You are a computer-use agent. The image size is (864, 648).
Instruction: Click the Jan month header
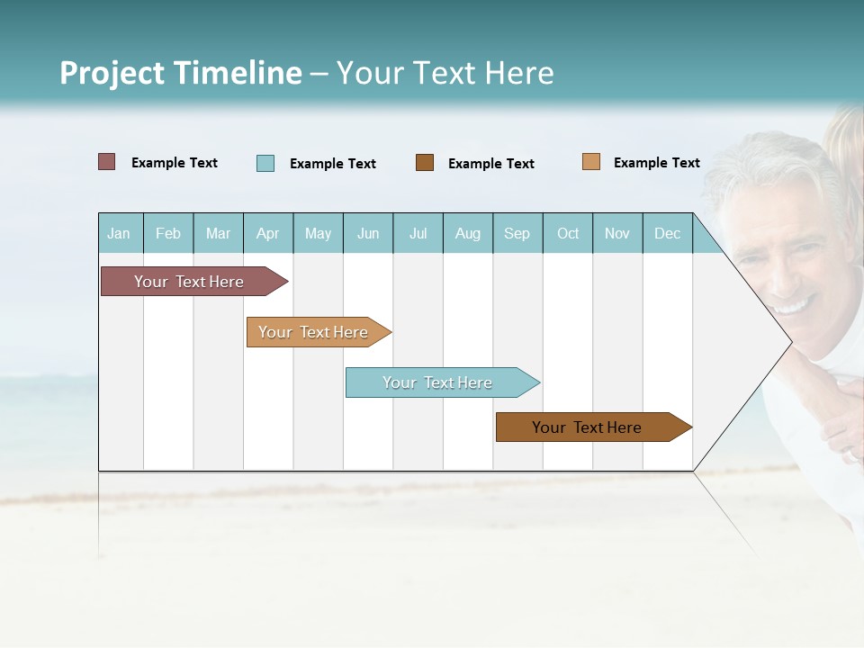[x=119, y=233]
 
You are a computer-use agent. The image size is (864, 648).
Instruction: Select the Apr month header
[x=267, y=233]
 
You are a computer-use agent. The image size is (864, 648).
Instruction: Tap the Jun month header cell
[x=368, y=233]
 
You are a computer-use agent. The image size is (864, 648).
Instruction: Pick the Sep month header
[x=517, y=233]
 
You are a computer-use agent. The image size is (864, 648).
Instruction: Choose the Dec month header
[x=667, y=233]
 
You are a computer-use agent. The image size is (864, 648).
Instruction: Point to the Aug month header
[x=467, y=233]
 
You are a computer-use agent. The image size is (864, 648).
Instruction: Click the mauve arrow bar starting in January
[x=190, y=282]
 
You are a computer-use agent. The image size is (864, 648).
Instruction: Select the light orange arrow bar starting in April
[x=314, y=332]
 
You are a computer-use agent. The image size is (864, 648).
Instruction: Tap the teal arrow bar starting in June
[x=438, y=382]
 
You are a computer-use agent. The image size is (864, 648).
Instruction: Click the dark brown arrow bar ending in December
[x=588, y=427]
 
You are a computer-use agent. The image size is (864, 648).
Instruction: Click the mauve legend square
[x=107, y=162]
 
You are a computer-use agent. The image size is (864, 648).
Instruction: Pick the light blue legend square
[x=265, y=163]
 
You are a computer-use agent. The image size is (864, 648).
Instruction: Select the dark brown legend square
[x=425, y=162]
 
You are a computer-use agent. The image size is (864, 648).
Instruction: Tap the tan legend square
[x=591, y=162]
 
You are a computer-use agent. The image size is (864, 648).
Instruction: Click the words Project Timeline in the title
[x=180, y=73]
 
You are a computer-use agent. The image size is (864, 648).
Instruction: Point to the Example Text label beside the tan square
[x=656, y=163]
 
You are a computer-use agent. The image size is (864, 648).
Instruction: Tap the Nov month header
[x=617, y=233]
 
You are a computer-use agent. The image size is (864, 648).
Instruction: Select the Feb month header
[x=168, y=233]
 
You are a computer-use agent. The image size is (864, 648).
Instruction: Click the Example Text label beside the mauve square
[x=174, y=163]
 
